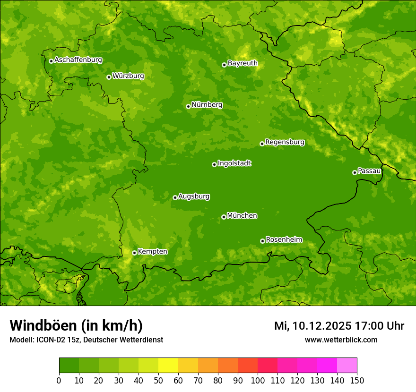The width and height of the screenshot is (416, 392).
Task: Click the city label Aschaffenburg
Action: (x=78, y=60)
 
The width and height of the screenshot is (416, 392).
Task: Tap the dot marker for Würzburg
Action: (x=109, y=77)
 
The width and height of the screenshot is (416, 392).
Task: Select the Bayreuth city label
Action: (x=243, y=63)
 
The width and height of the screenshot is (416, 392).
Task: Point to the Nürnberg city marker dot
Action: (x=188, y=106)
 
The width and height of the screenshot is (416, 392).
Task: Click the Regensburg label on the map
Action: (x=285, y=142)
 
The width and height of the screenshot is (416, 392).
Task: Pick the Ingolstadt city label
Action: (x=234, y=163)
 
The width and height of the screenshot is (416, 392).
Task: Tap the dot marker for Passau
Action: (x=355, y=172)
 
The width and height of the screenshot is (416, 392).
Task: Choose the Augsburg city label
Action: (x=194, y=196)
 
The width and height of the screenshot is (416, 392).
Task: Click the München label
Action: (x=242, y=216)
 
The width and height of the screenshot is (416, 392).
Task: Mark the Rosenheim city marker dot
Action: (x=262, y=241)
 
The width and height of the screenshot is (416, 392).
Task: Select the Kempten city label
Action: (x=152, y=252)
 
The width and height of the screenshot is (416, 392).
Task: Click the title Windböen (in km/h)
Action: (x=76, y=326)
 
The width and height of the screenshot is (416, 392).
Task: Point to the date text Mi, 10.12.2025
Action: (x=312, y=326)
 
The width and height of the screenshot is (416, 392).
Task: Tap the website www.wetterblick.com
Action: (x=341, y=340)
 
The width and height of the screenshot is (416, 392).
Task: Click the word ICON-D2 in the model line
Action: (x=50, y=340)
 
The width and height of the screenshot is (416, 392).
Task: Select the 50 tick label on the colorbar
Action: (x=158, y=380)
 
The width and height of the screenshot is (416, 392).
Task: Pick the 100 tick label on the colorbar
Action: (x=258, y=380)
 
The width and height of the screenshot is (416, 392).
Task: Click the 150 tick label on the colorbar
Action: (x=357, y=380)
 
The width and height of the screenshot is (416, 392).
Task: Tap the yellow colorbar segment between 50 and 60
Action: (x=168, y=366)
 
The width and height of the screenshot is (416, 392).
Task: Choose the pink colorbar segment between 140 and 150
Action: (x=347, y=366)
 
